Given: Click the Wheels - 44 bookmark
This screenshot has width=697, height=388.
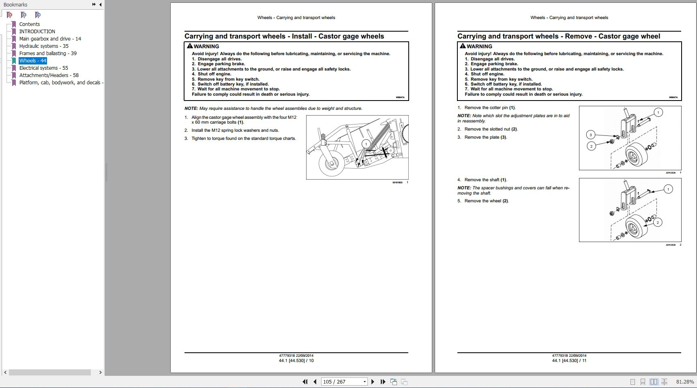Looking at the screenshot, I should click(33, 61).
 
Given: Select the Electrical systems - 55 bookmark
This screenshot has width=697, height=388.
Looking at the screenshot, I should click(43, 68).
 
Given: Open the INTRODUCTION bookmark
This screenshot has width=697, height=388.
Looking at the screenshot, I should click(37, 32).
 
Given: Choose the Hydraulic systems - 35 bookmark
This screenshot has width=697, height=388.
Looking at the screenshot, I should click(43, 46).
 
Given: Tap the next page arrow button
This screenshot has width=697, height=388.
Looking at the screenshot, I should click(373, 382).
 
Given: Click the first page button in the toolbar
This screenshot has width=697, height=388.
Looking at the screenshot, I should click(305, 382).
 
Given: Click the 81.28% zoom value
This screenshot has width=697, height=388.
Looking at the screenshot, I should click(685, 382).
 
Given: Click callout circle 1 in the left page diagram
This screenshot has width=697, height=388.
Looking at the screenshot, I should click(366, 144).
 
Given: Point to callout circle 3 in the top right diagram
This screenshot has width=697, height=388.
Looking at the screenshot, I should click(591, 135).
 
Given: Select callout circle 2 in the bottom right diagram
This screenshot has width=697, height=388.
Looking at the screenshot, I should click(658, 222).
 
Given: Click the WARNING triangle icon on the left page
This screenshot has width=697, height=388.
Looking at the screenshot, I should click(190, 46).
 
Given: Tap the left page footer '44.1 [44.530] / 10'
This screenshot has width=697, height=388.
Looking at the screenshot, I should click(296, 360).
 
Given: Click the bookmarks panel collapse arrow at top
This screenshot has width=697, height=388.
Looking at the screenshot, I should click(100, 4).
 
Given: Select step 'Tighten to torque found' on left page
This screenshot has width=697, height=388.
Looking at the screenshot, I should click(243, 139).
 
